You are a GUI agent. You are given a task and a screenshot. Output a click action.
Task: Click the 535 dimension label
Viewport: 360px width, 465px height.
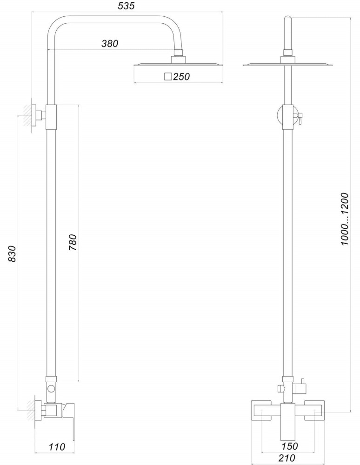click(126, 6)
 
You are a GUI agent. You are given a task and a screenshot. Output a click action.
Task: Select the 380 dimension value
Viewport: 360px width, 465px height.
click(110, 43)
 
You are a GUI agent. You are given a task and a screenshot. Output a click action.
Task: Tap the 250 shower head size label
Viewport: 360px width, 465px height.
click(181, 77)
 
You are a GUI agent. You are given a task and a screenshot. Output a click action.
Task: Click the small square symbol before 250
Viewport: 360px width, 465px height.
click(168, 77)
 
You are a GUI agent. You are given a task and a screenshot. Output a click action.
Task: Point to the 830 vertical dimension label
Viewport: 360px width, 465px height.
click(12, 253)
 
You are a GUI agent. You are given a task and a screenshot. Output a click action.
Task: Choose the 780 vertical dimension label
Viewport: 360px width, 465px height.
click(73, 242)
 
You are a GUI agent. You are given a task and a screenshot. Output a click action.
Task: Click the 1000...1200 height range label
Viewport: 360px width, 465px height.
click(345, 219)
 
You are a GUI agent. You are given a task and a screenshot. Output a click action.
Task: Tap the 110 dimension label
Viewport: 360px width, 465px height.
click(57, 446)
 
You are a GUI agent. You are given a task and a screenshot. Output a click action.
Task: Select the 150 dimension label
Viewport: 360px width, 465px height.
click(289, 446)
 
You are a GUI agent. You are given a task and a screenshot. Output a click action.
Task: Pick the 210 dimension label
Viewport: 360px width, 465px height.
click(287, 458)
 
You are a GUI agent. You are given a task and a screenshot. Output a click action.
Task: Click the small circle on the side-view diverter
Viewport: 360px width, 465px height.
click(51, 388)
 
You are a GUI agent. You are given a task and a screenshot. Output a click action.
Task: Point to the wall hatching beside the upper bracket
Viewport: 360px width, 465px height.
click(27, 115)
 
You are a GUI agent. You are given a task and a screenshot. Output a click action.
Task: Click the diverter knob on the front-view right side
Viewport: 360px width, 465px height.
click(302, 386)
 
